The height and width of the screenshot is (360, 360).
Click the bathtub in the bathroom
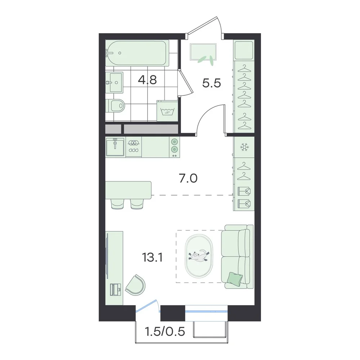tap(137, 53)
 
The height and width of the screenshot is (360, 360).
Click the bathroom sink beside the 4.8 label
tap(114, 82)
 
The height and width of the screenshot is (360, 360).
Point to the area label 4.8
tap(147, 80)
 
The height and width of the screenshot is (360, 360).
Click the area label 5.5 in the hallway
tap(211, 83)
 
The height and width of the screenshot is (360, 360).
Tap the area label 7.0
tap(188, 179)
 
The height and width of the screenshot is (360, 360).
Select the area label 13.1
tap(152, 257)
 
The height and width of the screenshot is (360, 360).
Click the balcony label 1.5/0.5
tap(165, 332)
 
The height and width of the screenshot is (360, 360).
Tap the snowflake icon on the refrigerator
tap(244, 147)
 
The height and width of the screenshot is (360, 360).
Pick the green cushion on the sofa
tap(235, 279)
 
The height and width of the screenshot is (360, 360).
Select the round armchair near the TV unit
tap(136, 285)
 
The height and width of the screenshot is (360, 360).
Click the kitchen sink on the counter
tap(115, 147)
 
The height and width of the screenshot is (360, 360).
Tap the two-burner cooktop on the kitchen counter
tap(175, 147)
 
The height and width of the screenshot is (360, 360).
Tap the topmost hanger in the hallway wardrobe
tap(244, 68)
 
